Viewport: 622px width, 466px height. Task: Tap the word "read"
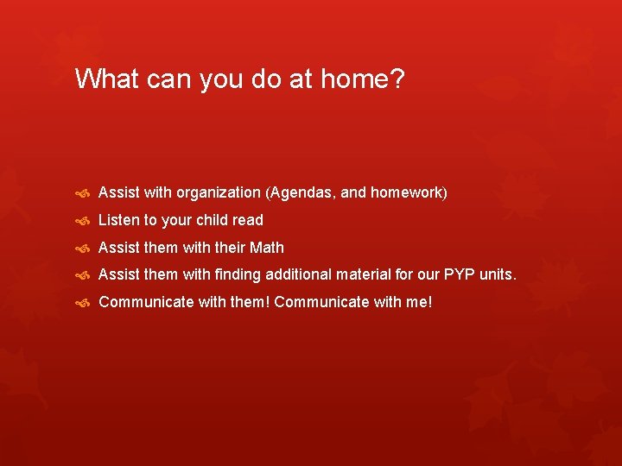coord(247,220)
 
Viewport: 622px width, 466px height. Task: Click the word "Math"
coord(266,248)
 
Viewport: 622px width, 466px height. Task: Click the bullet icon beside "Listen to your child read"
coord(84,221)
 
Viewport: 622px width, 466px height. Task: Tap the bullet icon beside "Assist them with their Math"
coord(84,249)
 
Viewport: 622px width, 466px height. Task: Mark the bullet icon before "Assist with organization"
coord(84,193)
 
